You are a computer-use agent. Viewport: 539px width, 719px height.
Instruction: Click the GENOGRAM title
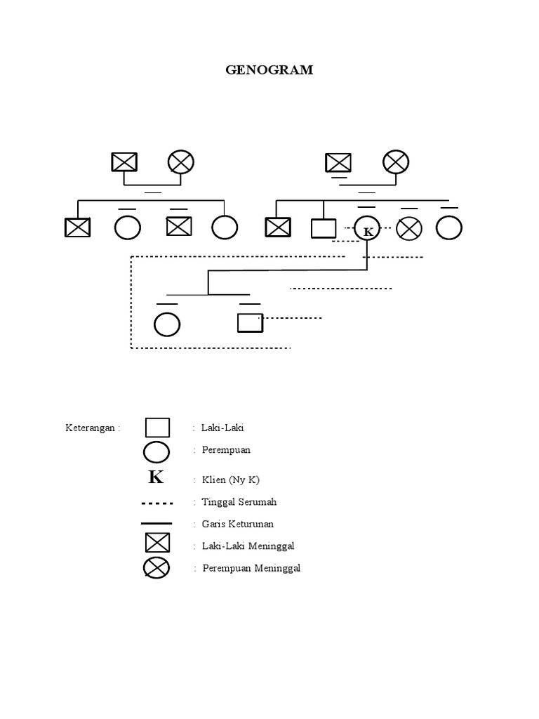tap(269, 70)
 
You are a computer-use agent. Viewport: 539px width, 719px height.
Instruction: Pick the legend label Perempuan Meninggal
tap(251, 568)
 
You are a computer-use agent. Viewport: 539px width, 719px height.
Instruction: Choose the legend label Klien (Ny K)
tap(230, 480)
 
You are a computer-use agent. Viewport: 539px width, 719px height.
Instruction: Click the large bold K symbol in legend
tap(156, 478)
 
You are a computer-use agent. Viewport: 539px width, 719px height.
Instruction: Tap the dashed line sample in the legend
tap(157, 503)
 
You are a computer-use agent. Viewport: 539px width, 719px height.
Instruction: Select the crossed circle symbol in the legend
tap(157, 567)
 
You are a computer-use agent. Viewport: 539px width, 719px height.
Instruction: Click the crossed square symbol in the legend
tap(157, 543)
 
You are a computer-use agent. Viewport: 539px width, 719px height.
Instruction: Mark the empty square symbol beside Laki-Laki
tap(157, 428)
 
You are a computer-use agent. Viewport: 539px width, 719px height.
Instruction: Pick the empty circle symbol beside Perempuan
tap(157, 451)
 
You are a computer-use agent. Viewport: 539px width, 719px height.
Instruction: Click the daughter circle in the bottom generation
tap(167, 324)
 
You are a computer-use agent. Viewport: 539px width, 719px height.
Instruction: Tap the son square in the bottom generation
tap(250, 322)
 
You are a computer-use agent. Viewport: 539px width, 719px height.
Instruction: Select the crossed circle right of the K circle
tap(409, 228)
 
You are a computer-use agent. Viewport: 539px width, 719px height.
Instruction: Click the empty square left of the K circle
tap(324, 227)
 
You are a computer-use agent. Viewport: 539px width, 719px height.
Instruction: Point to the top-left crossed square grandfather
tap(124, 162)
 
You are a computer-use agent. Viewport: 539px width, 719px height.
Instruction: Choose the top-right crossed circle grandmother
tap(395, 162)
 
